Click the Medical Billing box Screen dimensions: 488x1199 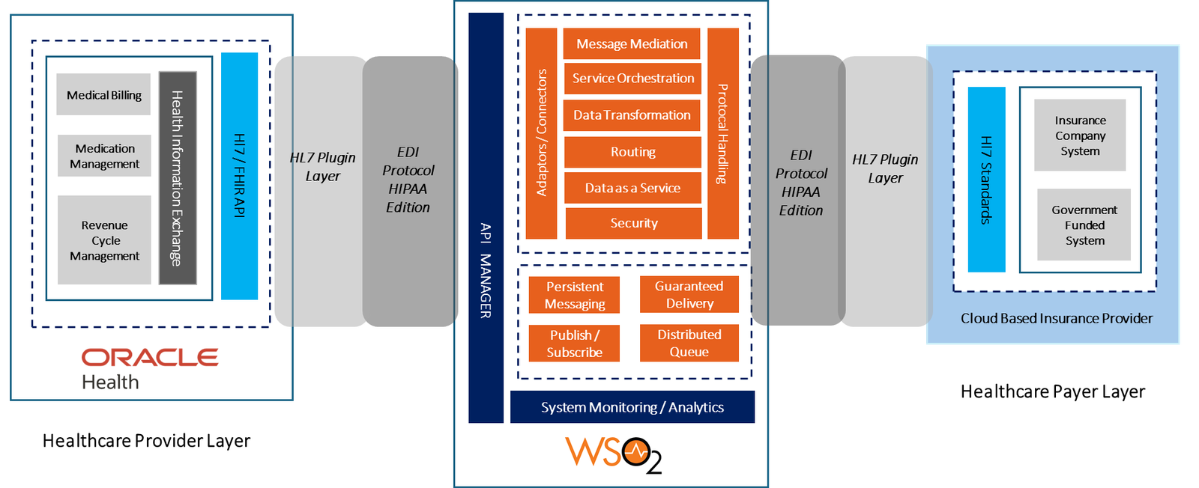(103, 94)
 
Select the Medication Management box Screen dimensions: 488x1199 (104, 156)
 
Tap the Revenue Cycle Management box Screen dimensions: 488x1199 (104, 240)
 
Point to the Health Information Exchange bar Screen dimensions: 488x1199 (178, 178)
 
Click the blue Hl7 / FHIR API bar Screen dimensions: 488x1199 (240, 176)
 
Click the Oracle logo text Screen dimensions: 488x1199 (150, 357)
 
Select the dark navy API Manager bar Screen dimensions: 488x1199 (486, 218)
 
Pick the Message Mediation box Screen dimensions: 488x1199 (632, 44)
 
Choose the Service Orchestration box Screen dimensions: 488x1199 (632, 79)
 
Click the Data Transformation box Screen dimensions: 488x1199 (632, 115)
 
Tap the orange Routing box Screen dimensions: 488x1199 (632, 152)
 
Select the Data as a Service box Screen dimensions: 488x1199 (632, 189)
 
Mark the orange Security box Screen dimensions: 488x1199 (633, 223)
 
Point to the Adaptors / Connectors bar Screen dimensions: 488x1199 (541, 133)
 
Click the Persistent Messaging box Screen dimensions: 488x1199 (574, 295)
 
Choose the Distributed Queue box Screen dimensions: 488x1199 (689, 343)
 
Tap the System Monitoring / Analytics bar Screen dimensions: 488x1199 (632, 407)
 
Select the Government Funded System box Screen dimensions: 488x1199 (1084, 225)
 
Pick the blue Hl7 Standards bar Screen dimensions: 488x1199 (986, 180)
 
